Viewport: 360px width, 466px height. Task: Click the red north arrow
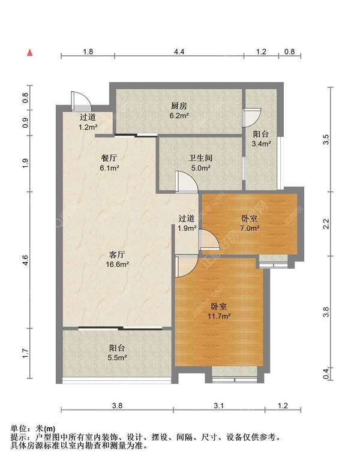pyautogui.click(x=30, y=53)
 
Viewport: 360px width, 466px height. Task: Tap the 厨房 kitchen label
pyautogui.click(x=179, y=106)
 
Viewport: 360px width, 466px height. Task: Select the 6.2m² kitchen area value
pyautogui.click(x=179, y=116)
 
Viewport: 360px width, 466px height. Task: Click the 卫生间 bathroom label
pyautogui.click(x=200, y=158)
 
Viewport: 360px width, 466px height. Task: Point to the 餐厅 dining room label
pyautogui.click(x=109, y=158)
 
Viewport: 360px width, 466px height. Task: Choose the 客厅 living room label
pyautogui.click(x=117, y=254)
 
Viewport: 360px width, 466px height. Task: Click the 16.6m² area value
pyautogui.click(x=117, y=264)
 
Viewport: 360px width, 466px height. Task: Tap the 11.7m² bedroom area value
pyautogui.click(x=219, y=316)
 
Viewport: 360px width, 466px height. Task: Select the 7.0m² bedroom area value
pyautogui.click(x=250, y=229)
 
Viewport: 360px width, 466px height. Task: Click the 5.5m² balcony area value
pyautogui.click(x=117, y=357)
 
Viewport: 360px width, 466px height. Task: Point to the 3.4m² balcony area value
pyautogui.click(x=261, y=144)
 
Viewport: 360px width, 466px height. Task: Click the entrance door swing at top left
pyautogui.click(x=81, y=100)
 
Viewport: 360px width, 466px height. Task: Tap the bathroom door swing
pyautogui.click(x=187, y=181)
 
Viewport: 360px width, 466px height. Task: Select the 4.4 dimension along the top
pyautogui.click(x=179, y=52)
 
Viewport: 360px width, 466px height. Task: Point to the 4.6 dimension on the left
pyautogui.click(x=25, y=260)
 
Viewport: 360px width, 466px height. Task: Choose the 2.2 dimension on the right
pyautogui.click(x=326, y=224)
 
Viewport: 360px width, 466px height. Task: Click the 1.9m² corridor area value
pyautogui.click(x=187, y=229)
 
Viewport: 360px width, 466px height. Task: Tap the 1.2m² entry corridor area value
pyautogui.click(x=88, y=127)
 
